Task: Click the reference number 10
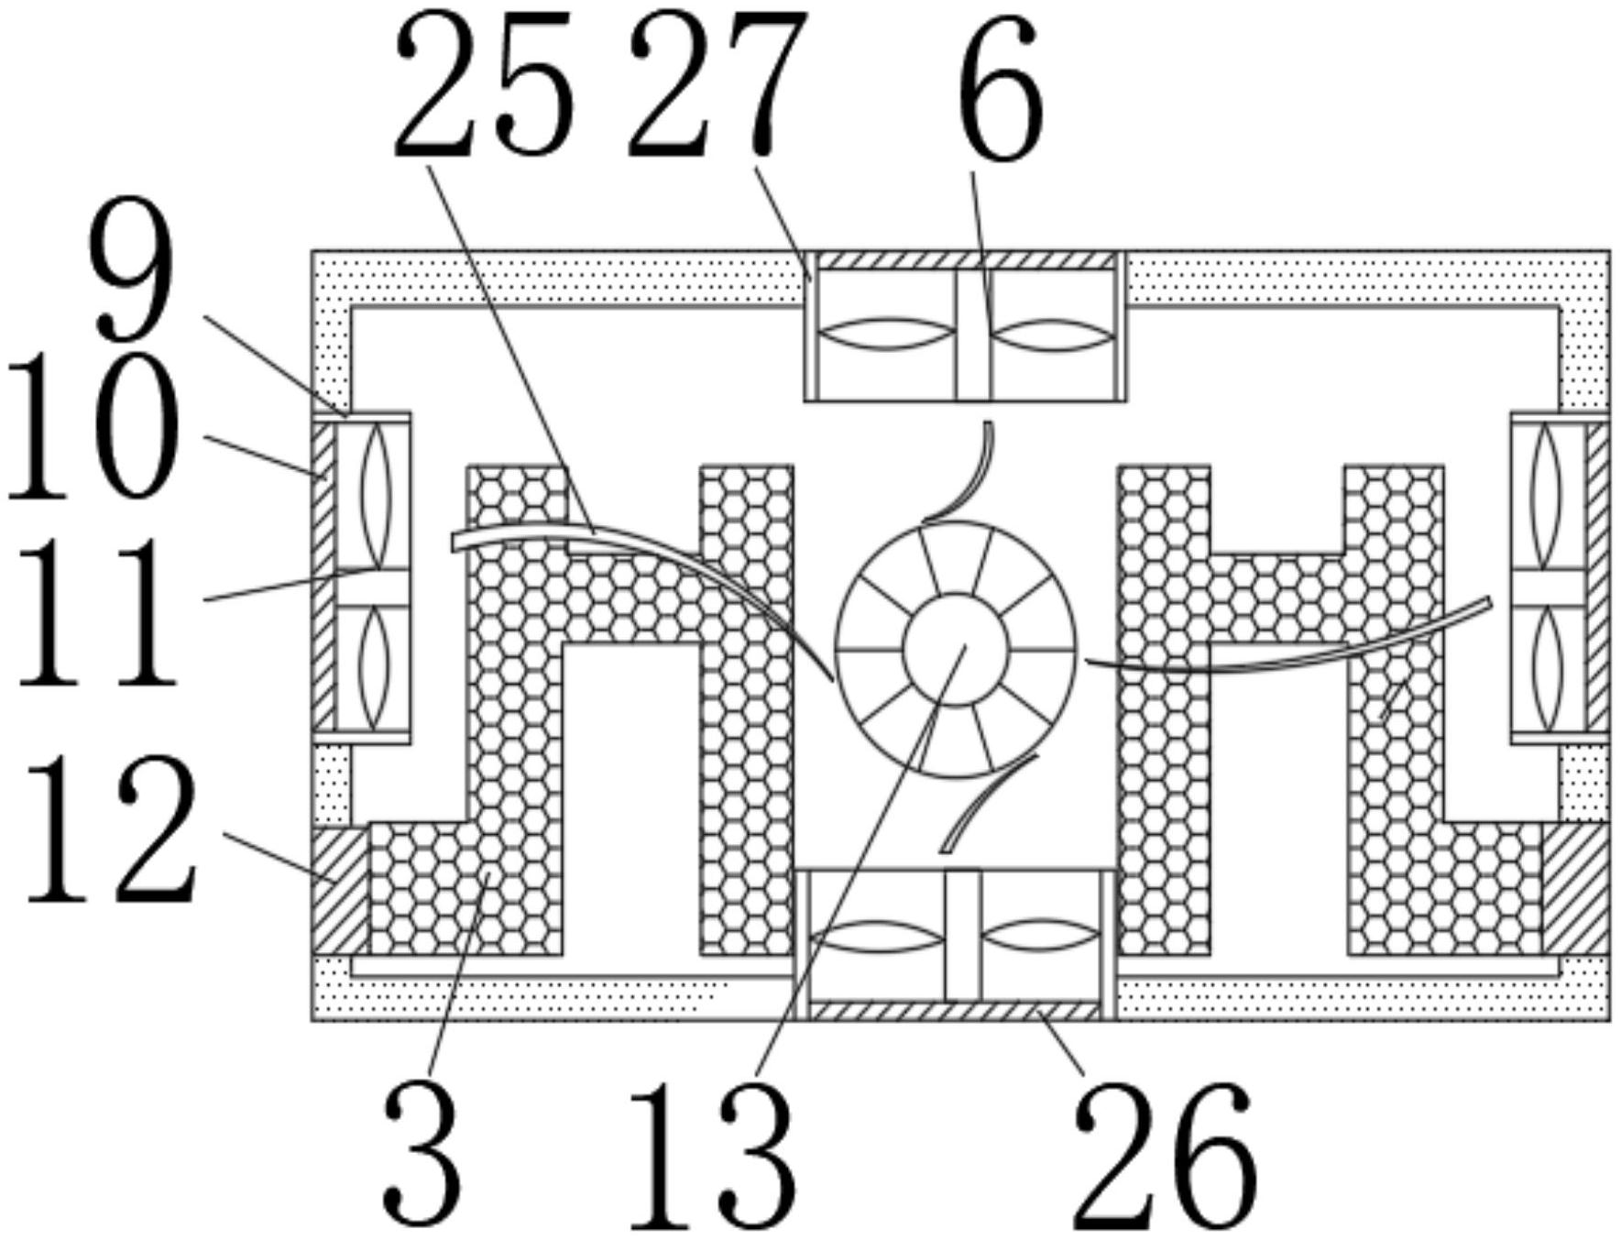[x=92, y=429]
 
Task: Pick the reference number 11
[x=96, y=611]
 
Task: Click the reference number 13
[x=711, y=1156]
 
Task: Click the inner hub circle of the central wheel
[x=955, y=649]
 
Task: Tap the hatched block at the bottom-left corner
[x=340, y=889]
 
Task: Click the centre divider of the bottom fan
[x=962, y=935]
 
